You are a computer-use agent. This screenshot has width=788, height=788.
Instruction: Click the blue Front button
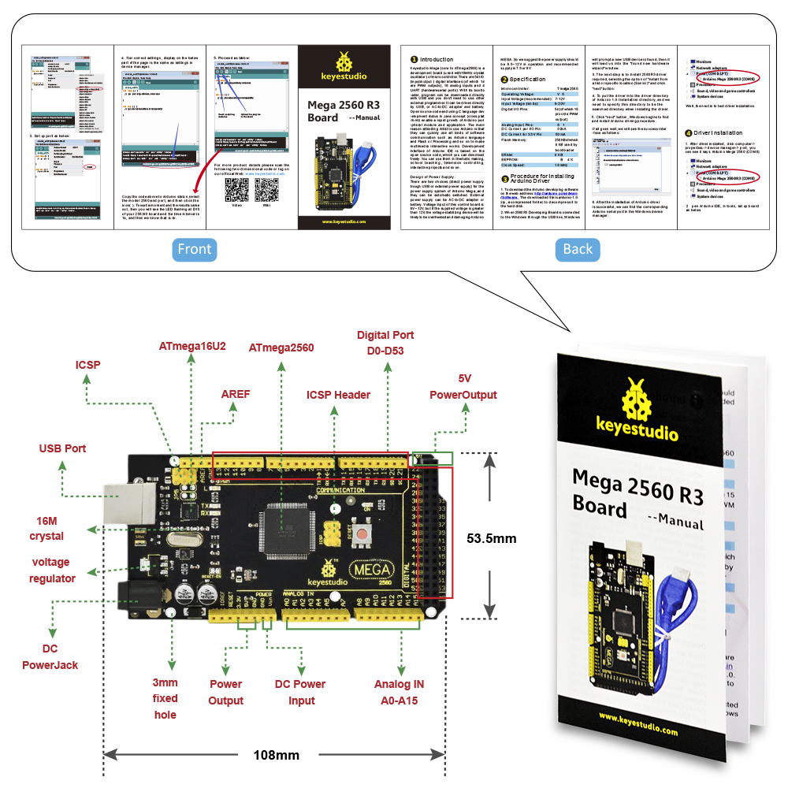[195, 249]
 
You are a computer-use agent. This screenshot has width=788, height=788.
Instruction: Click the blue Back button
[578, 249]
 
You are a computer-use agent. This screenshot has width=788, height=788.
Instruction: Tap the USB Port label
[63, 448]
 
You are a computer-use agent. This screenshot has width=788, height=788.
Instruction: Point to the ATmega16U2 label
[192, 346]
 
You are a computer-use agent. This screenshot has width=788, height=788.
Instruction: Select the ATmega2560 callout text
[281, 348]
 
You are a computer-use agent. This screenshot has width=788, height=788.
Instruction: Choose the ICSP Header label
[338, 395]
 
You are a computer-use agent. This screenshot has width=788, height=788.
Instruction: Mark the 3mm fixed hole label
[165, 698]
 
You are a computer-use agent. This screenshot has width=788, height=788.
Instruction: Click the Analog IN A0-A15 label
[399, 692]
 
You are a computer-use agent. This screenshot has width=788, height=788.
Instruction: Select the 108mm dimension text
[276, 755]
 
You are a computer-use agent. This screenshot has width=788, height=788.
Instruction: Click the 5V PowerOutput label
[463, 386]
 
